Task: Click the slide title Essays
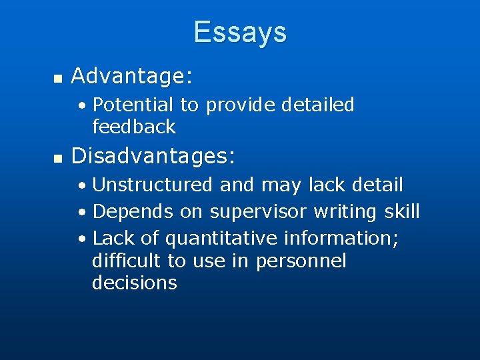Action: pyautogui.click(x=240, y=32)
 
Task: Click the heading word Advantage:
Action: pyautogui.click(x=132, y=77)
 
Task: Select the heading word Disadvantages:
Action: pyautogui.click(x=153, y=156)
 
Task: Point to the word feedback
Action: pyautogui.click(x=133, y=126)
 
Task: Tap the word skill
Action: pyautogui.click(x=402, y=212)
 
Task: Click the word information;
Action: pyautogui.click(x=341, y=238)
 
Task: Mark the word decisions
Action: pyautogui.click(x=134, y=283)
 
